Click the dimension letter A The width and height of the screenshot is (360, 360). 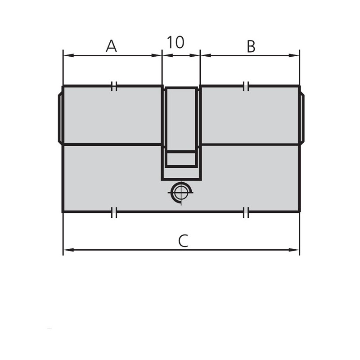(x=111, y=46)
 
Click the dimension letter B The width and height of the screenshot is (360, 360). (x=251, y=46)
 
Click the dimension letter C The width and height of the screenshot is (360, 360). (x=183, y=241)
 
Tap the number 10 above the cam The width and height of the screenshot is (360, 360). (x=175, y=42)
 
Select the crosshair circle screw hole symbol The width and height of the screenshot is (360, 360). (x=181, y=193)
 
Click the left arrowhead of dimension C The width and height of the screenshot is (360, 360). (x=68, y=250)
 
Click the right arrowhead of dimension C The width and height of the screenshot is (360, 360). (x=294, y=250)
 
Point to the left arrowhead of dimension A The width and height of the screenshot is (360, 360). (x=68, y=55)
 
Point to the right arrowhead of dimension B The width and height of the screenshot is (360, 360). (x=294, y=55)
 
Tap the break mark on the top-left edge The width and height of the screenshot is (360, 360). (x=114, y=86)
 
